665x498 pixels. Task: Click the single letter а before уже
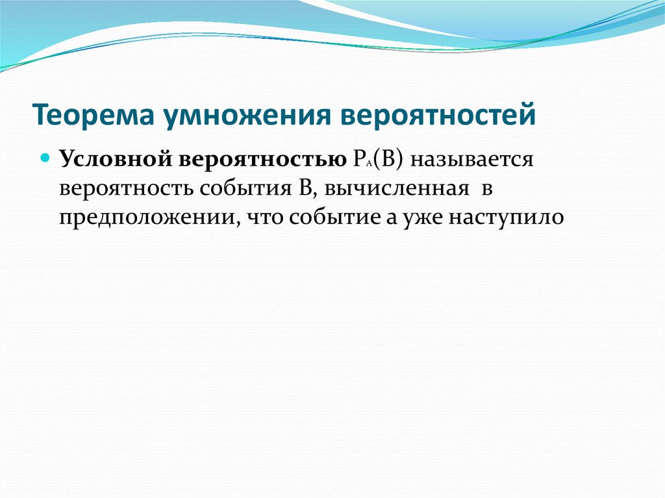tap(390, 218)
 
